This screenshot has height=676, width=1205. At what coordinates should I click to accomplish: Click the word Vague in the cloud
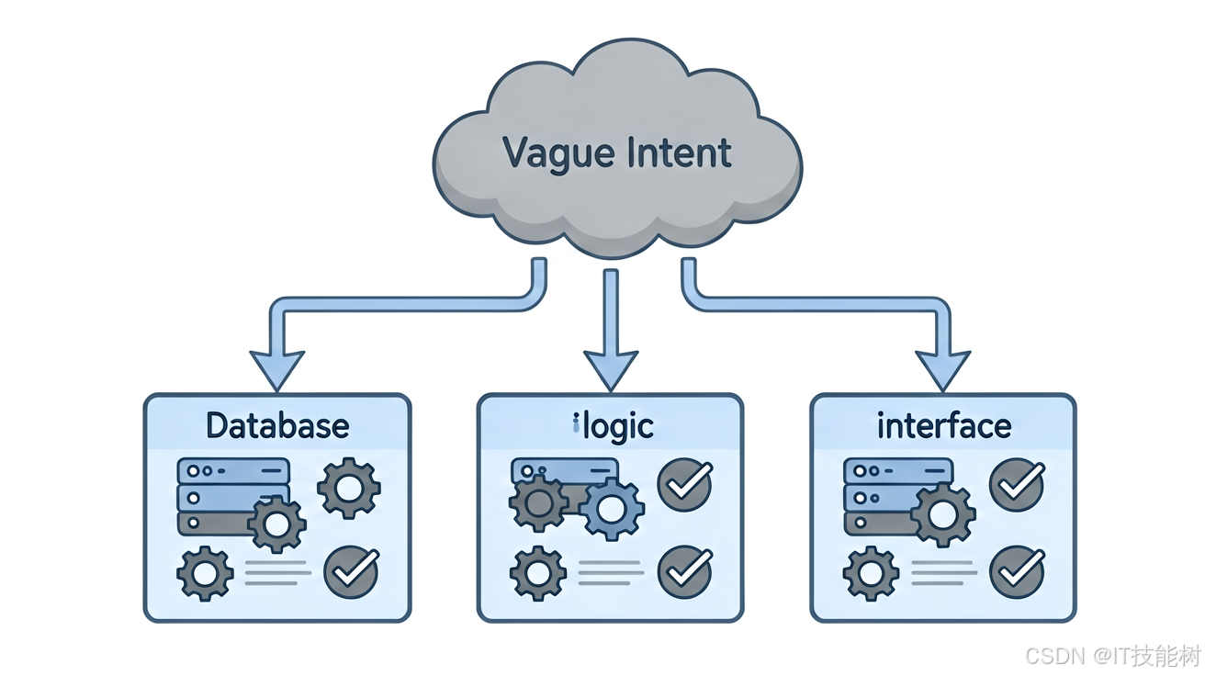tap(558, 153)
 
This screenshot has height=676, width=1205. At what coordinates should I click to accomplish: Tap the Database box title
tap(277, 426)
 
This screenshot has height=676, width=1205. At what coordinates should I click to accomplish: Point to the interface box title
tap(944, 426)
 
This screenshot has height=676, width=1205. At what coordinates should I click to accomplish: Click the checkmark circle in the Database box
tap(352, 572)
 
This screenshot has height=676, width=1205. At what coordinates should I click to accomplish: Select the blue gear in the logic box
tap(612, 509)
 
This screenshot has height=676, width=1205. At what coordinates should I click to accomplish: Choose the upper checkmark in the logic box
tap(685, 485)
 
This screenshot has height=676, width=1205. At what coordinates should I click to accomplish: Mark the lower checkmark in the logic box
tap(685, 572)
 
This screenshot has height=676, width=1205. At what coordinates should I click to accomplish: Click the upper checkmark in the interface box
tap(1018, 485)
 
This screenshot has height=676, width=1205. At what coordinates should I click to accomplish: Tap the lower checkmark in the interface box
tap(1018, 572)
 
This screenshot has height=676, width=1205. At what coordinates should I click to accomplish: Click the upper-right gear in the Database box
tap(349, 489)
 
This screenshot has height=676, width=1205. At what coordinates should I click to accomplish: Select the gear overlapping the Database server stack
tap(277, 524)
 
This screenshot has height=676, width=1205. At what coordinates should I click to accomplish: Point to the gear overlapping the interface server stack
tap(943, 515)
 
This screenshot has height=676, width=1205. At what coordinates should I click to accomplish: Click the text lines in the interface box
tap(944, 573)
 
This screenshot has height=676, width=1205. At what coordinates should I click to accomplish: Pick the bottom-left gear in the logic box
tap(538, 573)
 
